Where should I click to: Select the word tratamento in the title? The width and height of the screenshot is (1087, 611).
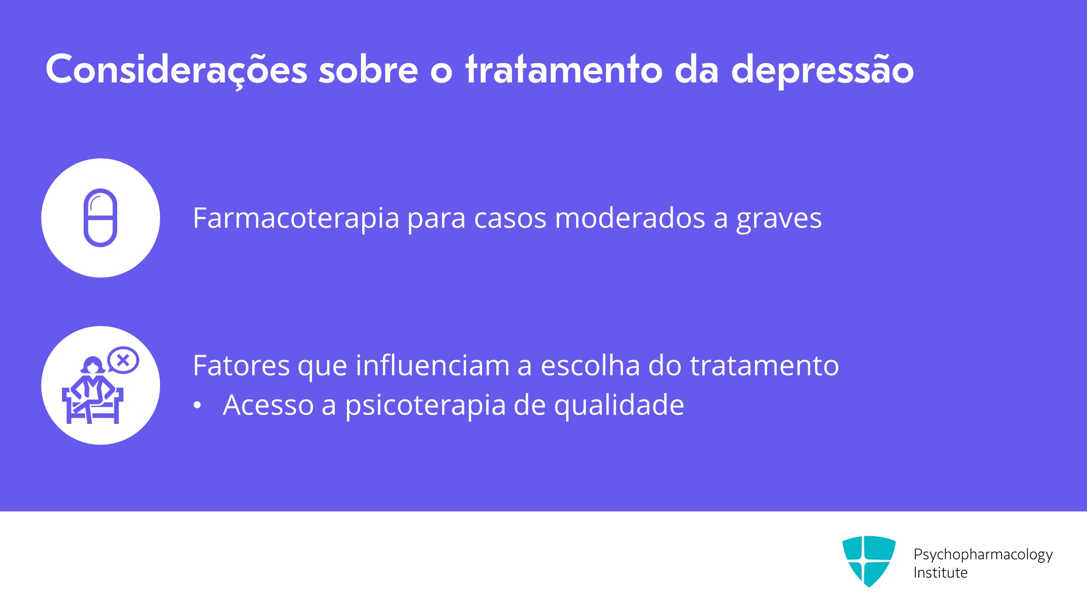coord(563,69)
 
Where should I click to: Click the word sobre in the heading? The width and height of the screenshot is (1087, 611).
coord(369,69)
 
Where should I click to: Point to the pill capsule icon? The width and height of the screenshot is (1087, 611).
coord(100,218)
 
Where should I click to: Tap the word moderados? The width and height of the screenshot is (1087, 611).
coord(630,218)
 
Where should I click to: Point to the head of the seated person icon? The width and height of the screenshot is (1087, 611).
coord(93,365)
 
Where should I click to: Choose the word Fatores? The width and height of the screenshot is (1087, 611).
coord(242,365)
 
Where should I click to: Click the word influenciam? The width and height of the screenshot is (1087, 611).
coord(433,365)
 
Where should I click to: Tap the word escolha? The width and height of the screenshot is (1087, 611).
coord(590,365)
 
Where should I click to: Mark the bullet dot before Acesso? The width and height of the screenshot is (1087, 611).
coord(197,405)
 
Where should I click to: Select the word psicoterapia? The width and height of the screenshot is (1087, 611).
coord(425,406)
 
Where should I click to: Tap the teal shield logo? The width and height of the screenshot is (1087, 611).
coord(869,561)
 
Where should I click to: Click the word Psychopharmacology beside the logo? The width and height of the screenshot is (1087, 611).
coord(983,555)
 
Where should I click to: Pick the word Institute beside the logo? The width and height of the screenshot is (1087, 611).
coord(941,573)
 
